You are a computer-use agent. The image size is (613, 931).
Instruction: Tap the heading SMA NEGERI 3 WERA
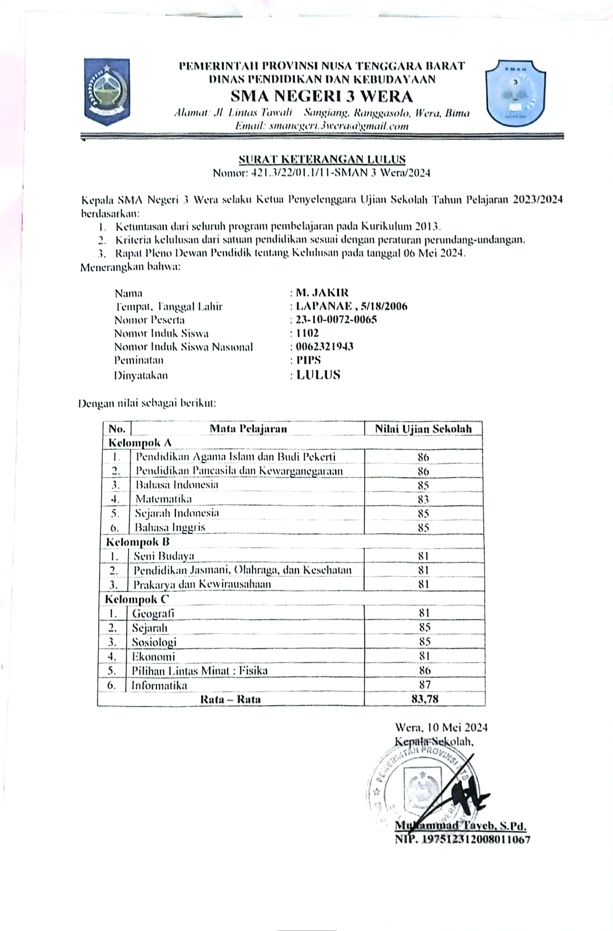coord(322,96)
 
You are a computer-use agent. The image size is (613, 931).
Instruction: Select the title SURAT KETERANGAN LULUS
coord(322,159)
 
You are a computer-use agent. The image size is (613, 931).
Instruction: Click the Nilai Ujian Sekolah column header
coord(423,429)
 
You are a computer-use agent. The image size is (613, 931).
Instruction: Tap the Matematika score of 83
coord(423,499)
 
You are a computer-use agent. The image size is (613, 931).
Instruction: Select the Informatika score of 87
coord(425,685)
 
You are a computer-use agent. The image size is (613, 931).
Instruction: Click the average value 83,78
coord(425,699)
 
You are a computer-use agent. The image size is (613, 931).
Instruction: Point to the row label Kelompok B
coord(138,542)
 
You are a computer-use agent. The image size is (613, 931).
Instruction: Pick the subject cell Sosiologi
coord(154,642)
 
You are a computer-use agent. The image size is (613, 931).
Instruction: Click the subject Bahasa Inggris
coord(170,527)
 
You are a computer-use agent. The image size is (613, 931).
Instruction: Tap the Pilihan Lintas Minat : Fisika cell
coord(200,671)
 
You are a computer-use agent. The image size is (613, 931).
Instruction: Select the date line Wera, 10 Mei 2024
coord(441,727)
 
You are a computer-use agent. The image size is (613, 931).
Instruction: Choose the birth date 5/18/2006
coord(388,306)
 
